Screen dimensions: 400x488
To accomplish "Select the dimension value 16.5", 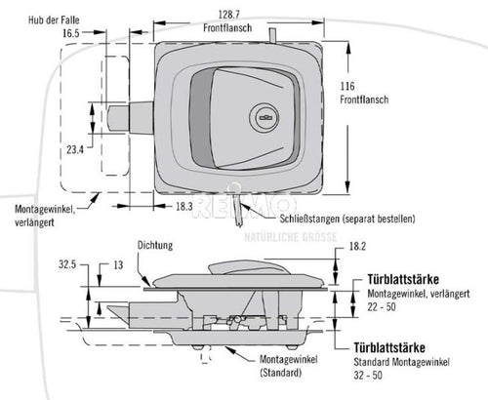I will [x=70, y=32].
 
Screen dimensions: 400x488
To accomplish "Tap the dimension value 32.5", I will [x=68, y=263].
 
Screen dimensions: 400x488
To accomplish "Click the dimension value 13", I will [x=118, y=263].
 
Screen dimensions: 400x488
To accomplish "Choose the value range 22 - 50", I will [x=382, y=307].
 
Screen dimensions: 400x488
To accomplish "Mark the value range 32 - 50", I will [x=382, y=373].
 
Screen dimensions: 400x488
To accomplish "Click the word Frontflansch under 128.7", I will [x=231, y=29].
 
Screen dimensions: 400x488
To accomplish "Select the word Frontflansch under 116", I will [x=363, y=100].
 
